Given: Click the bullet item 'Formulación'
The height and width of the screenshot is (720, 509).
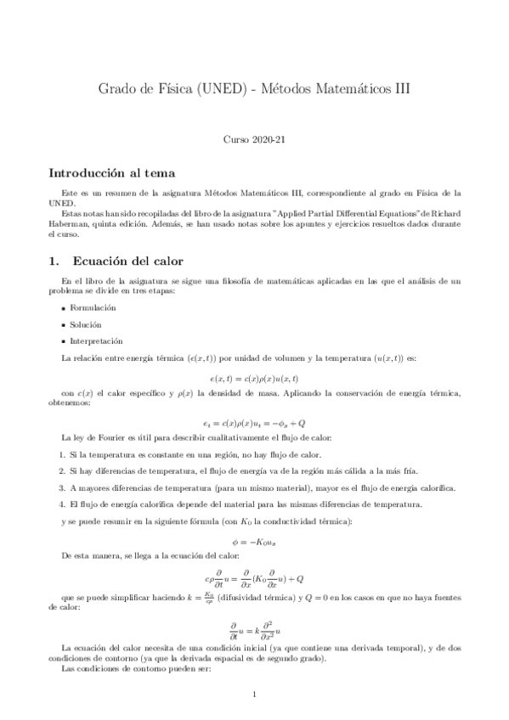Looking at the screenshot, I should (94, 307).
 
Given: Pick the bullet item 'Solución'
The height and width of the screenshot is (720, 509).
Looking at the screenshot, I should (88, 324).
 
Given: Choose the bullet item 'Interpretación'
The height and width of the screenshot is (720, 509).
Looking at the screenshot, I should (96, 340).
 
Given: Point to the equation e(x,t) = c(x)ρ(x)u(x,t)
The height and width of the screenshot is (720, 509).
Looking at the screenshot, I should (254, 378).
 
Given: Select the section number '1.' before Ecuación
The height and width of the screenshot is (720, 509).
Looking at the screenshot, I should (54, 260).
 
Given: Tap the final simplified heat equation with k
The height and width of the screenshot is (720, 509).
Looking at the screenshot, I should (254, 630).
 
